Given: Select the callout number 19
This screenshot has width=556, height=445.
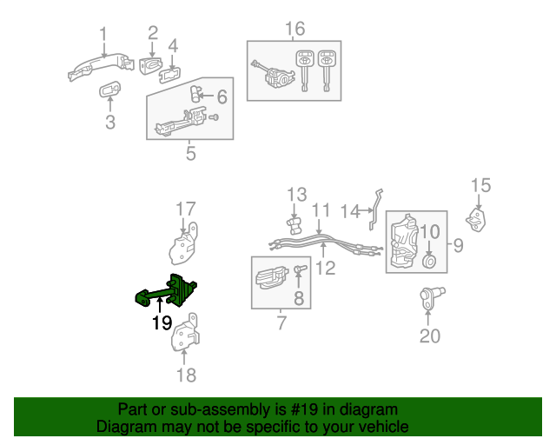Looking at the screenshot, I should click(162, 323).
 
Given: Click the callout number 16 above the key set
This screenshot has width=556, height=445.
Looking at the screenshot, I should click(295, 29).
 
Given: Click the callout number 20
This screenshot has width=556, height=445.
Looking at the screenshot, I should click(430, 335).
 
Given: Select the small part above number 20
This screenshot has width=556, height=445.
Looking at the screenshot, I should click(430, 299).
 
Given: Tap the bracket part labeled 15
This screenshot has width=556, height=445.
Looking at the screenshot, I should click(477, 219).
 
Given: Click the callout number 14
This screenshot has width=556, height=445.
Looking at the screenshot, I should click(349, 210).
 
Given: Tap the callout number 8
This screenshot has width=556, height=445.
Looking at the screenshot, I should click(298, 300).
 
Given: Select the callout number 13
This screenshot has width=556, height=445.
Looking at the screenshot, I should click(297, 193).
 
